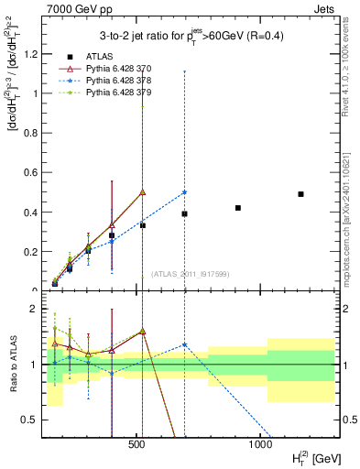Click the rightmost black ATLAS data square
(x=300, y=194)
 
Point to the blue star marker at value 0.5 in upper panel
(x=185, y=192)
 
